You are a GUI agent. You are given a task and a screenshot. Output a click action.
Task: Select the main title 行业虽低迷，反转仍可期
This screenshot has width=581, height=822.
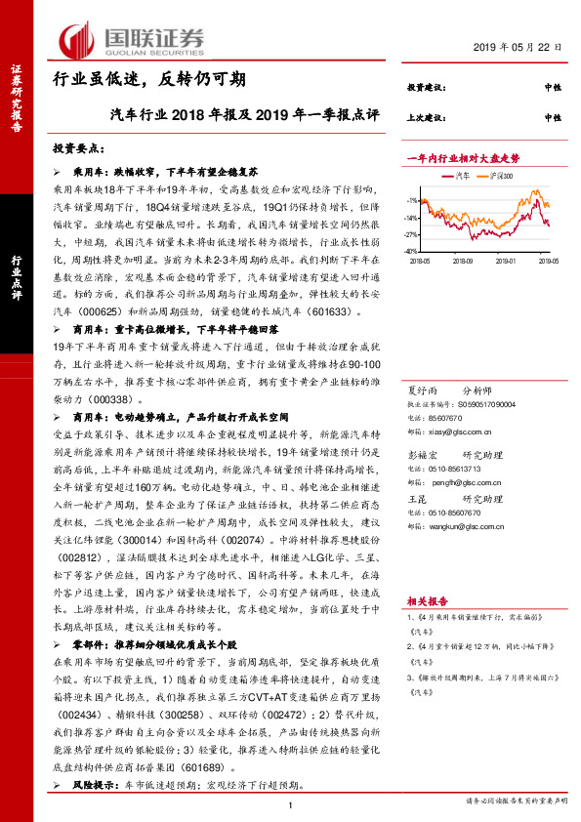(148, 79)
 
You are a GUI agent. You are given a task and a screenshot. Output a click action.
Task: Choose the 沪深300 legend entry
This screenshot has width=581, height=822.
(509, 175)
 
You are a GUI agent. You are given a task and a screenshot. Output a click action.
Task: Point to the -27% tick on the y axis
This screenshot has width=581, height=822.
(413, 234)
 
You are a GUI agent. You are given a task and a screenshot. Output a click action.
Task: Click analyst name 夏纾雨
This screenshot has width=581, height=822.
(421, 389)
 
